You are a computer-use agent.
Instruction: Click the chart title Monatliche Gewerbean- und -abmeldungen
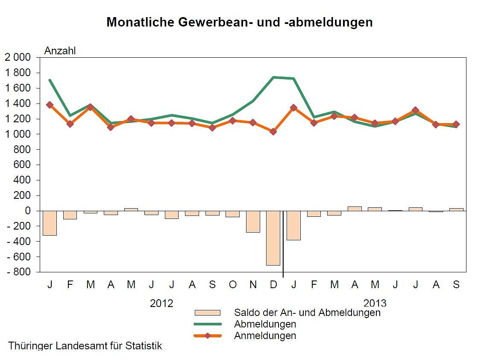click(x=239, y=22)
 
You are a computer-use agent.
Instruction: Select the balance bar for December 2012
click(x=273, y=238)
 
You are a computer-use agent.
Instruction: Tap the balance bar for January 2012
click(x=50, y=223)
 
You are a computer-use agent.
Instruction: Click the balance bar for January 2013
click(x=293, y=225)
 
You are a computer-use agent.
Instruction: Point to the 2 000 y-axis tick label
click(x=18, y=57)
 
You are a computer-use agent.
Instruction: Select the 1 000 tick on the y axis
click(x=18, y=134)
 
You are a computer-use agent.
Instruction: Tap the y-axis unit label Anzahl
click(x=60, y=51)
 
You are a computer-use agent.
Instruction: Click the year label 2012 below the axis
click(x=161, y=303)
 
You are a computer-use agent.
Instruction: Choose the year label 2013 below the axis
click(x=375, y=303)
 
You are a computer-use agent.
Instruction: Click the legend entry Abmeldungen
click(x=265, y=324)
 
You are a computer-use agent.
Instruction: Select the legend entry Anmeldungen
click(x=265, y=336)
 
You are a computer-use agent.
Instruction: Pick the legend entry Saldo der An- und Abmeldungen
click(x=307, y=313)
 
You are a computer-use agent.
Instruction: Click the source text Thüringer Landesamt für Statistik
click(x=85, y=346)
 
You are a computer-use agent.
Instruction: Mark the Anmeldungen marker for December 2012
click(x=273, y=131)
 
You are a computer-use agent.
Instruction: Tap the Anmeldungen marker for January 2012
click(x=50, y=105)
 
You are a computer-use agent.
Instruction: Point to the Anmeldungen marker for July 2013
click(x=415, y=110)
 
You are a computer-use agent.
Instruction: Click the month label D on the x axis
click(x=273, y=284)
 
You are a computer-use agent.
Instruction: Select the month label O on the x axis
click(x=232, y=284)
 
